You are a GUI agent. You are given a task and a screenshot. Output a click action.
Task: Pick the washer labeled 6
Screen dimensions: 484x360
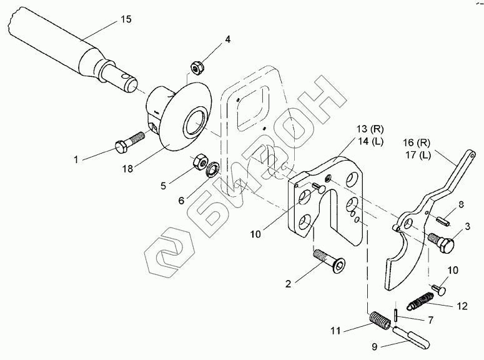pos(213,167)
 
